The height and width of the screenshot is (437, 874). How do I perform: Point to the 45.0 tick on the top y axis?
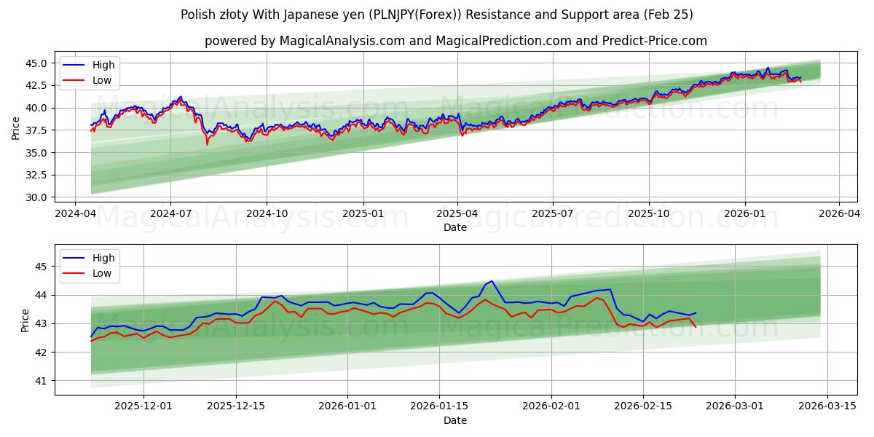click(x=37, y=63)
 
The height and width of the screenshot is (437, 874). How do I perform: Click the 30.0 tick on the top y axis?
click(x=37, y=197)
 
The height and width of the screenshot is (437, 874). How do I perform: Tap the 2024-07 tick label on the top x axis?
click(x=170, y=213)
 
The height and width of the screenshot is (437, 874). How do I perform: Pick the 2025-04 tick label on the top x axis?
click(x=457, y=213)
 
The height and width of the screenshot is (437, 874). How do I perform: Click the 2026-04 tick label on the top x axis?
click(x=839, y=213)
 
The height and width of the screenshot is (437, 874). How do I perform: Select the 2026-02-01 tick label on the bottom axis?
click(x=554, y=406)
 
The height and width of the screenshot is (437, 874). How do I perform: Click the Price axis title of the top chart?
click(x=16, y=128)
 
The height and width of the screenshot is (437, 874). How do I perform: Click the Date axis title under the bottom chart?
click(x=455, y=420)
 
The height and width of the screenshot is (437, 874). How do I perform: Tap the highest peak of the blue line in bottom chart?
click(x=492, y=281)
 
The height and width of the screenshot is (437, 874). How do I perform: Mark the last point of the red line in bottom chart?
click(x=696, y=327)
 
